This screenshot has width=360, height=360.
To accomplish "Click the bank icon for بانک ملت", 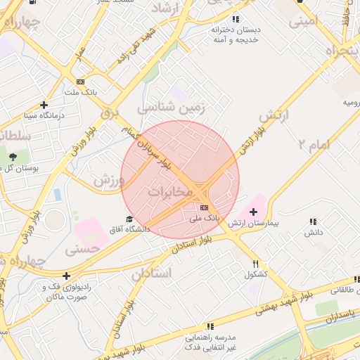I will pyautogui.click(x=80, y=81).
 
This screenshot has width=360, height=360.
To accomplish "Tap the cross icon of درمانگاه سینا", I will pyautogui.click(x=44, y=105).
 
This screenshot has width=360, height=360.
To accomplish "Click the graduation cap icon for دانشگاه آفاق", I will pyautogui.click(x=129, y=219).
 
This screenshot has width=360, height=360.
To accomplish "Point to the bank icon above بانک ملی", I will pyautogui.click(x=204, y=207).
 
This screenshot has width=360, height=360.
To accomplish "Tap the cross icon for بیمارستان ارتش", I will pyautogui.click(x=253, y=211).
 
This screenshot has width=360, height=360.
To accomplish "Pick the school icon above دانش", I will pyautogui.click(x=313, y=221).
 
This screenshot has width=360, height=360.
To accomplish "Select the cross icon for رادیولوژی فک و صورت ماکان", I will pyautogui.click(x=66, y=276).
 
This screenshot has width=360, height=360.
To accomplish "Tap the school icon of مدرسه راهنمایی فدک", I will pyautogui.click(x=210, y=326).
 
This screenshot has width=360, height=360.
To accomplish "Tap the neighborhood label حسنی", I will pyautogui.click(x=82, y=249).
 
